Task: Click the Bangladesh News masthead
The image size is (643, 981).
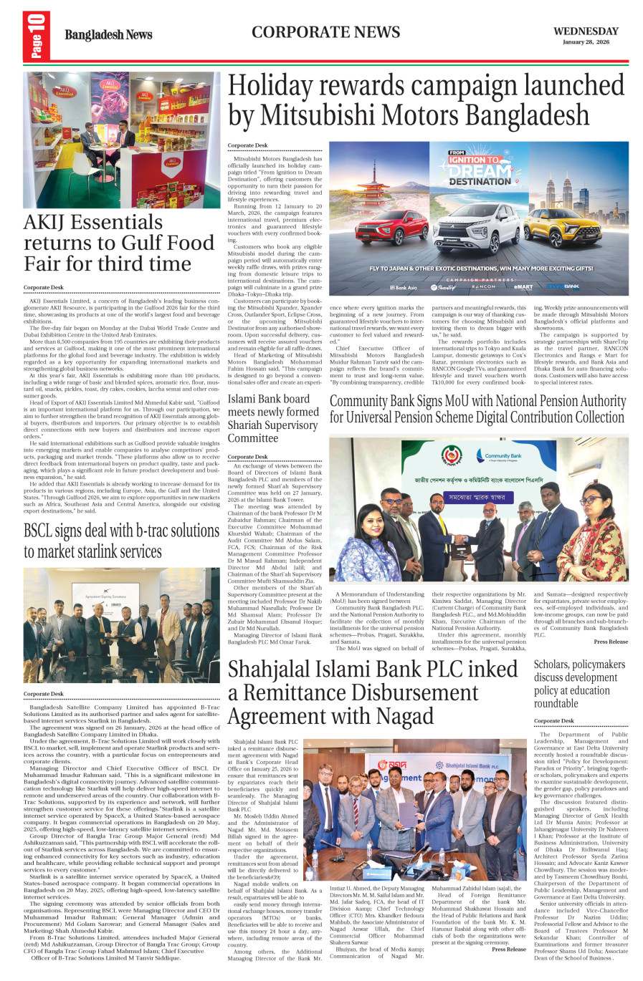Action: pos(108,35)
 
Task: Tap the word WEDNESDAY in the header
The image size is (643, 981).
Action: pos(586,32)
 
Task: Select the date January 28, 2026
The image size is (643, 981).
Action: pos(586,42)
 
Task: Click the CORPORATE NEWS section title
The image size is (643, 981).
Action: pos(325,32)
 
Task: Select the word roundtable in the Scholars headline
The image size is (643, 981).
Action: pos(556,702)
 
